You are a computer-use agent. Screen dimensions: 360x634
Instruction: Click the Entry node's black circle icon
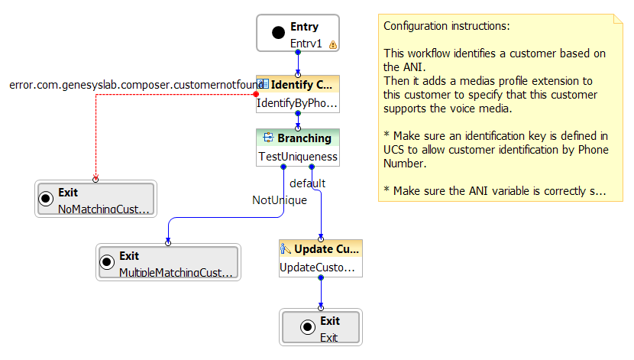tap(278, 33)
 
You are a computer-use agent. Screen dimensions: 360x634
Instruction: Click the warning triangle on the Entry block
tap(333, 45)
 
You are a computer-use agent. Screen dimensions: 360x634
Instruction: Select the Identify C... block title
tap(302, 84)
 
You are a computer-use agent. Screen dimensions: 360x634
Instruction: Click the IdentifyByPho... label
tap(297, 103)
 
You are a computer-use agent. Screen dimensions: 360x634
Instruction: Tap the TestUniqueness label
tap(297, 157)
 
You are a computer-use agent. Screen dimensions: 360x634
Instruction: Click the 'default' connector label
tap(308, 183)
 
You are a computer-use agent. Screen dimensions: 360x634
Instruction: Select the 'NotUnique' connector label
tap(280, 200)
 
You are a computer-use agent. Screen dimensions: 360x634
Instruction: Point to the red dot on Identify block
tap(257, 95)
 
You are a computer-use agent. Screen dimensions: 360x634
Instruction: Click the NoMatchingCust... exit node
tap(95, 200)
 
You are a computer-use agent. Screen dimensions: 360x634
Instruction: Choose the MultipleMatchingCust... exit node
tap(168, 263)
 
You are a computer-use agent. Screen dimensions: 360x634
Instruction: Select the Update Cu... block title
tap(324, 249)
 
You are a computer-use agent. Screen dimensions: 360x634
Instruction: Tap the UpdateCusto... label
tap(317, 268)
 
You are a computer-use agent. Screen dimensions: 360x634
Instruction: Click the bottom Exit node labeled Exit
tap(321, 328)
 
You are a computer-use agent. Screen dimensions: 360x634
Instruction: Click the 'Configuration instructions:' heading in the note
tap(446, 26)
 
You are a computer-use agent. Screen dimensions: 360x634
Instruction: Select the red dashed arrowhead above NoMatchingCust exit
tap(95, 179)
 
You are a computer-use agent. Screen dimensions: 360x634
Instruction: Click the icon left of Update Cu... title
tap(286, 249)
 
